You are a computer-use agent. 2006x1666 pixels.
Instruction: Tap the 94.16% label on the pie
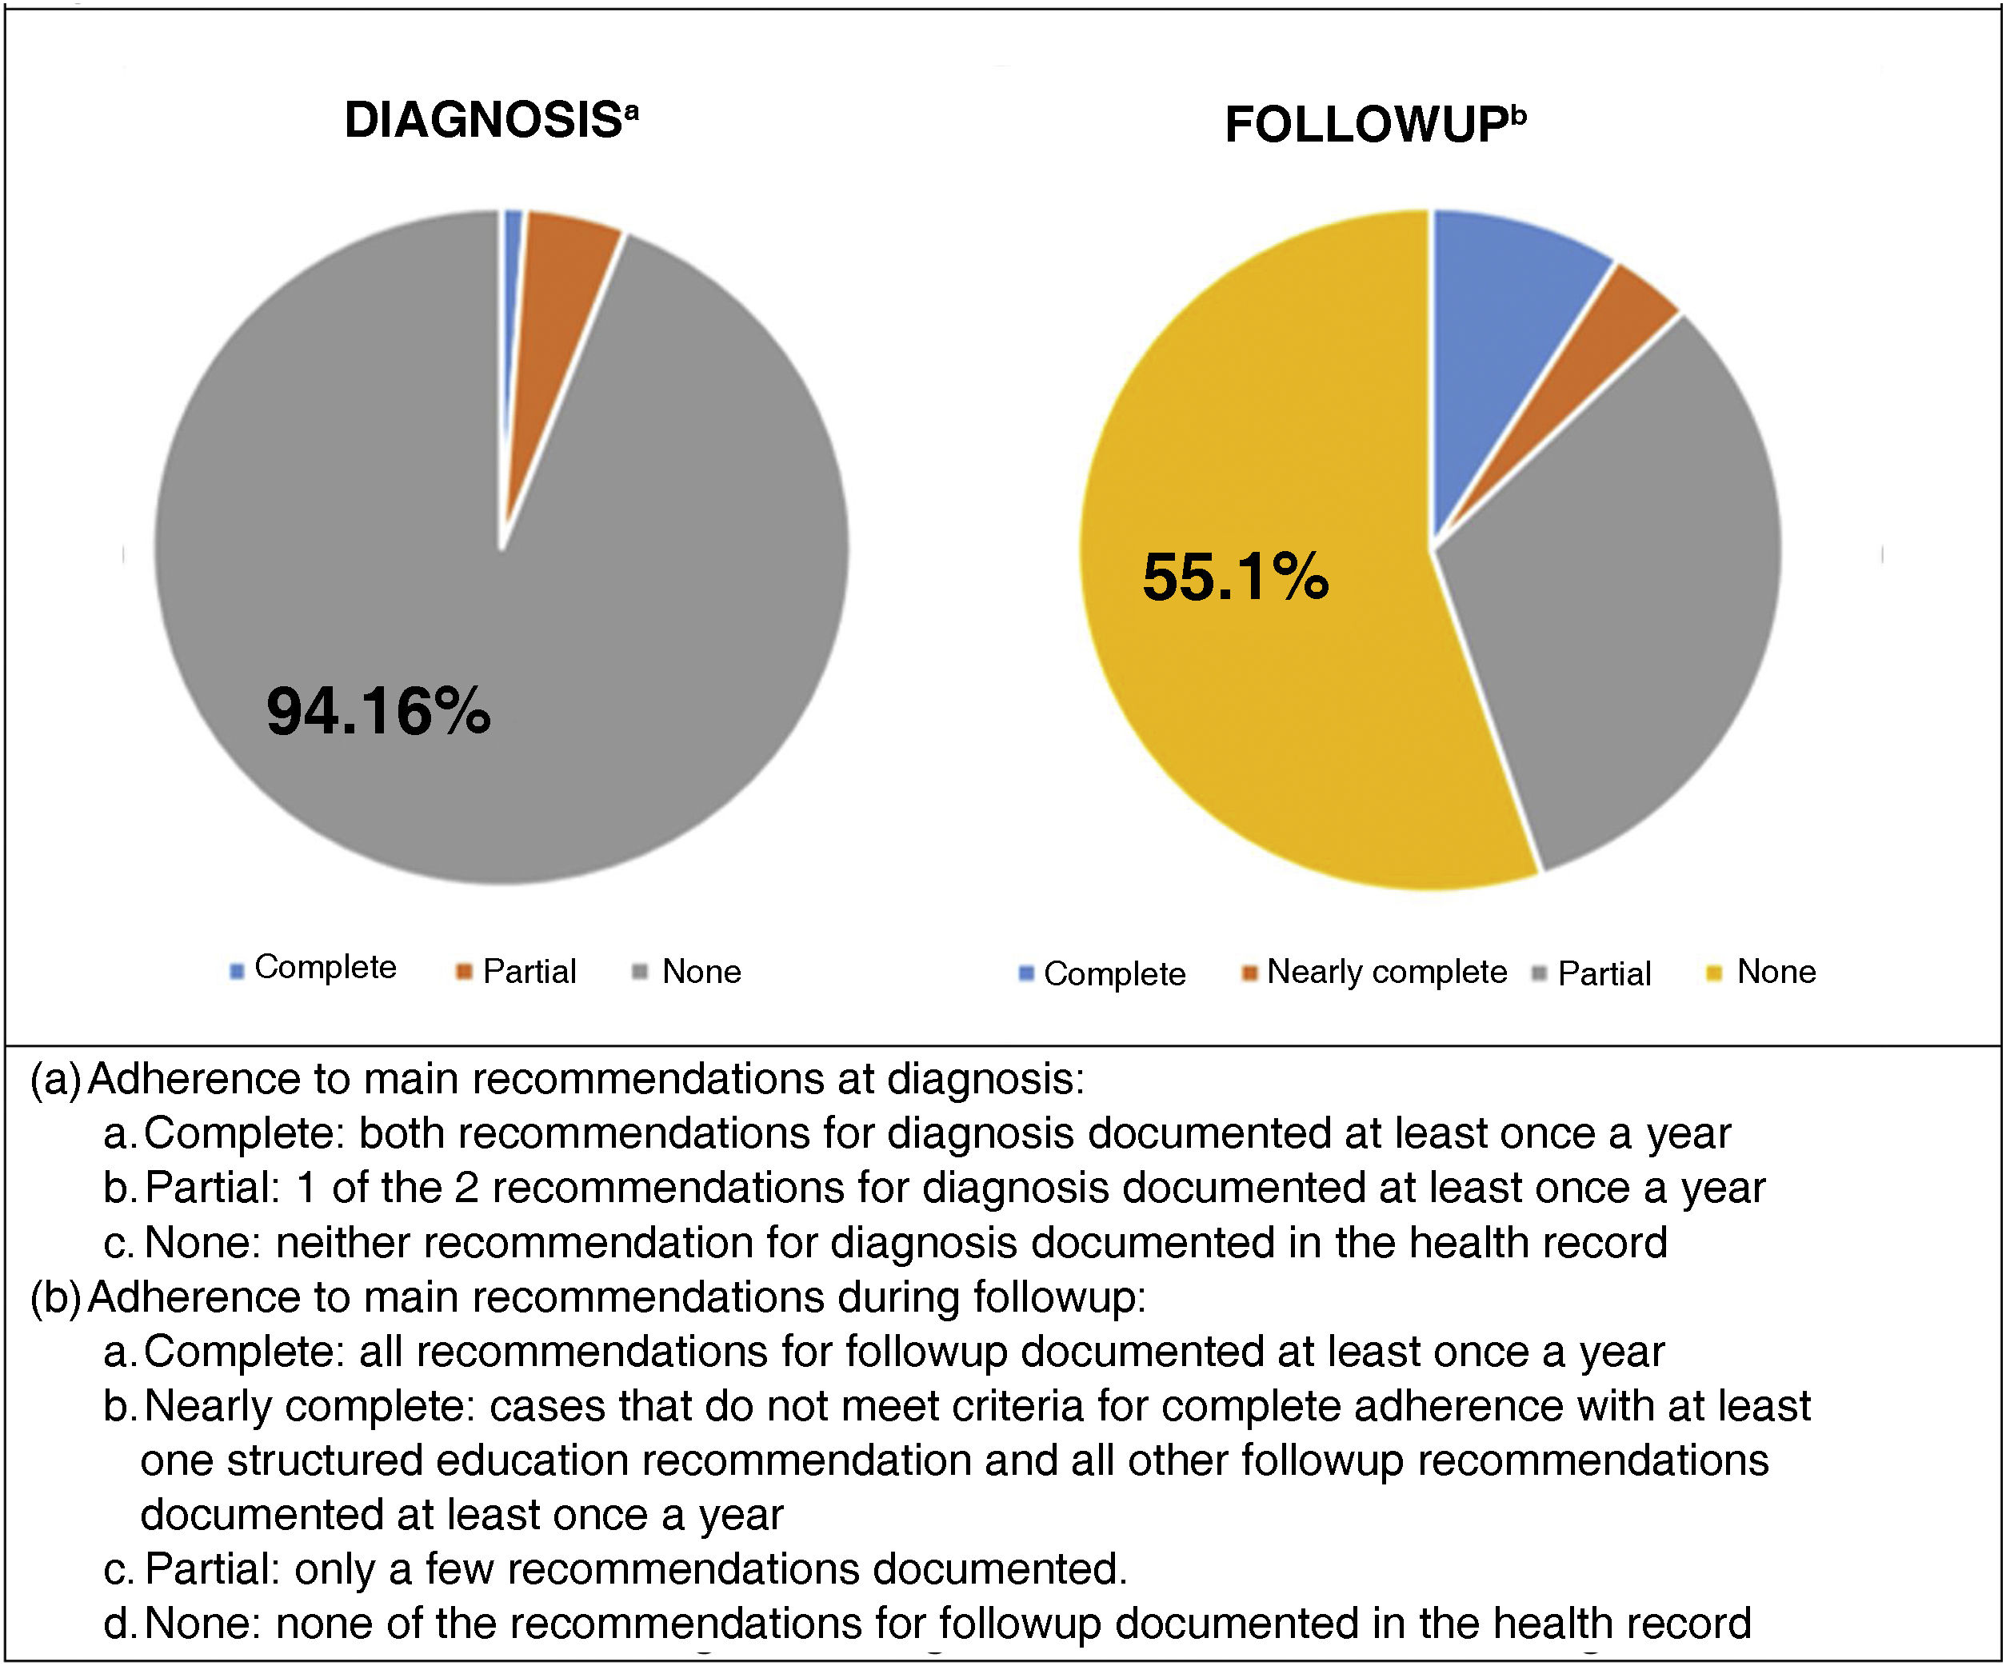pos(378,713)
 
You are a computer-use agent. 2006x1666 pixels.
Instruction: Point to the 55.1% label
pos(1235,578)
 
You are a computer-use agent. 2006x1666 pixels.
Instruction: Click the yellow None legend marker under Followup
pos(1715,974)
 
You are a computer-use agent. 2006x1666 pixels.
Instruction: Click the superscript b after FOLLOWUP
pos(1518,117)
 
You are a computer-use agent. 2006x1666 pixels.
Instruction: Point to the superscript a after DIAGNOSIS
pos(631,113)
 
